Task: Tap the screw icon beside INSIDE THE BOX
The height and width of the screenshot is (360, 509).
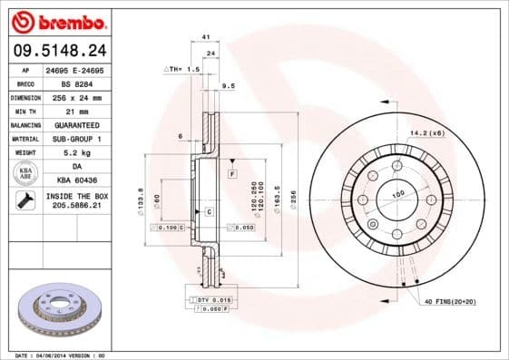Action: click(25, 201)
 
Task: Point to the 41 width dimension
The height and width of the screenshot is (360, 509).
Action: click(206, 36)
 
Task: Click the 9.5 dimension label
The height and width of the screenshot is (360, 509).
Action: click(229, 85)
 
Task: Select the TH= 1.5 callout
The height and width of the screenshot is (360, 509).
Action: click(182, 69)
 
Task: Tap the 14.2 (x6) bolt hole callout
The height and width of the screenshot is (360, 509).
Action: click(426, 133)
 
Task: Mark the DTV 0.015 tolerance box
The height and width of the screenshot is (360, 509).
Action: click(212, 299)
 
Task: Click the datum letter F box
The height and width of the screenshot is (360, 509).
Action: click(232, 172)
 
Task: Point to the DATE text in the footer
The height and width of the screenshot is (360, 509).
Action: click(24, 355)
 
